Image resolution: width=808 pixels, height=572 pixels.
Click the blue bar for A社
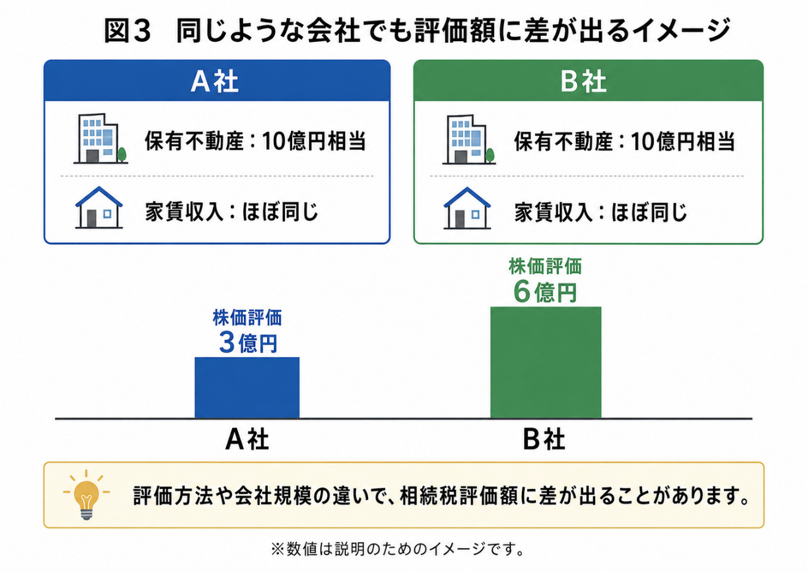tap(247, 388)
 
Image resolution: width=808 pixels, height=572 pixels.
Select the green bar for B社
tap(546, 362)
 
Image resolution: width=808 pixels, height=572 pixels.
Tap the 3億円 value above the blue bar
tap(248, 343)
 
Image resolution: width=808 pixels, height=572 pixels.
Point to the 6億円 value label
tap(545, 292)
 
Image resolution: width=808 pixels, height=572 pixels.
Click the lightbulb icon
tap(86, 495)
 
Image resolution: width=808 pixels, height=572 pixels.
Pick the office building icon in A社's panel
tap(101, 138)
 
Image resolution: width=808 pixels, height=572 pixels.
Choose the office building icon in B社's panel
tap(469, 140)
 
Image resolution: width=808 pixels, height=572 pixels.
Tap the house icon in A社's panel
tap(99, 208)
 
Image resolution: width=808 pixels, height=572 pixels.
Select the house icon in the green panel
tap(467, 208)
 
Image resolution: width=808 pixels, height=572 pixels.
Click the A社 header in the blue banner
tap(215, 82)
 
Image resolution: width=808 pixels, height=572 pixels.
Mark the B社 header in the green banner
tap(583, 82)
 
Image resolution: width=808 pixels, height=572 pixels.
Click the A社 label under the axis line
tap(247, 440)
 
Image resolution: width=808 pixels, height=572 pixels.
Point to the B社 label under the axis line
tap(544, 440)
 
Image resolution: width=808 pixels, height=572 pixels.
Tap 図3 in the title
tap(127, 31)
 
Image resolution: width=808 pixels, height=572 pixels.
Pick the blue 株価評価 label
tap(247, 318)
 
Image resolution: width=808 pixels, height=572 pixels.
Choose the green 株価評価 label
tap(546, 267)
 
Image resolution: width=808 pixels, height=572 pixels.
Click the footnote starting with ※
tap(398, 549)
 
